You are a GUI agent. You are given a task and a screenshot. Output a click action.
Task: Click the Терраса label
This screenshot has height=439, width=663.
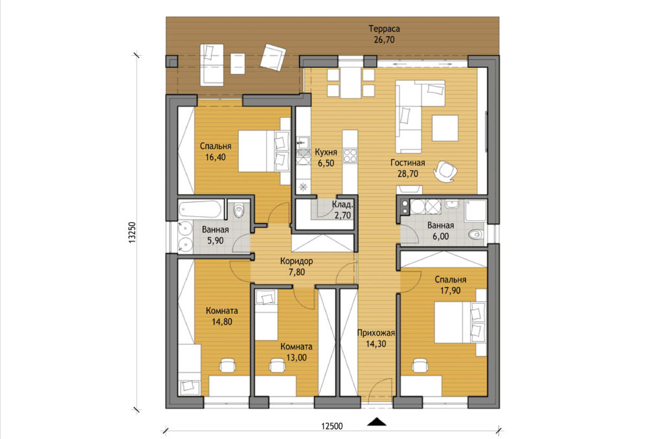pos(384,28)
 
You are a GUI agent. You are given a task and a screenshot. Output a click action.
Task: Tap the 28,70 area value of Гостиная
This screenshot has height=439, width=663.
pos(408,174)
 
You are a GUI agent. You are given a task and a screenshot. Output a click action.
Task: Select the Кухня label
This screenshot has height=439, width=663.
pos(326,152)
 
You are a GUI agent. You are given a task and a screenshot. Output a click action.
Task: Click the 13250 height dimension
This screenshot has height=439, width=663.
pos(132,232)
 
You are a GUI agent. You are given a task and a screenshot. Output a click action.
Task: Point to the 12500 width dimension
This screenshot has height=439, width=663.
pos(331,426)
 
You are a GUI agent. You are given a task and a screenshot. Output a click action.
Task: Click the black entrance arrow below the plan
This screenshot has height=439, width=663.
pos(376,422)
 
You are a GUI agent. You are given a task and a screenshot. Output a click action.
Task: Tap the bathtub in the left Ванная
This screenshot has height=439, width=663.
pos(200,209)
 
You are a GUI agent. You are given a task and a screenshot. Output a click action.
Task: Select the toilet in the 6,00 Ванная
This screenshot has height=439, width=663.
pos(476,234)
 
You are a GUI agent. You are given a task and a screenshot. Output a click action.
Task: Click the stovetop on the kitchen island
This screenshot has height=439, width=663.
pos(350,155)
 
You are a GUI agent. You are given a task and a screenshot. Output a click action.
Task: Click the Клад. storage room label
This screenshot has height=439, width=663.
pos(343,205)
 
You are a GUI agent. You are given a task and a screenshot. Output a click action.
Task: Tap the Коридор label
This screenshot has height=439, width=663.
pos(297,261)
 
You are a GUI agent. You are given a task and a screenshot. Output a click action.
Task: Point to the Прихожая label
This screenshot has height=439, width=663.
pos(376,333)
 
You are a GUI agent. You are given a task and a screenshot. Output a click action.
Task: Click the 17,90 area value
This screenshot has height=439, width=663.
pos(451,291)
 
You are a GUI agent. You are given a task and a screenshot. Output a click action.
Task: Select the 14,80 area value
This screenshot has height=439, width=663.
pos(221,321)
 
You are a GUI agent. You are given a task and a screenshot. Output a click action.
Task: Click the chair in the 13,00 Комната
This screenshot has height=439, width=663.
pos(277,366)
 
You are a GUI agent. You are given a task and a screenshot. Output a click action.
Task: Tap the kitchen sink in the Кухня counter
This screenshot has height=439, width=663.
pos(303,141)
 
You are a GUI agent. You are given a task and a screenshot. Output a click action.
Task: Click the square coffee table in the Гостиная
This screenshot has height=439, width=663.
pos(445,128)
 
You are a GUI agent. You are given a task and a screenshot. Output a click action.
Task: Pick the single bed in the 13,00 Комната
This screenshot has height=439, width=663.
pos(266,314)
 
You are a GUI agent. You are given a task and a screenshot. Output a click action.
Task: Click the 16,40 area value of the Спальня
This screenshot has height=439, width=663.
pos(215,157)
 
